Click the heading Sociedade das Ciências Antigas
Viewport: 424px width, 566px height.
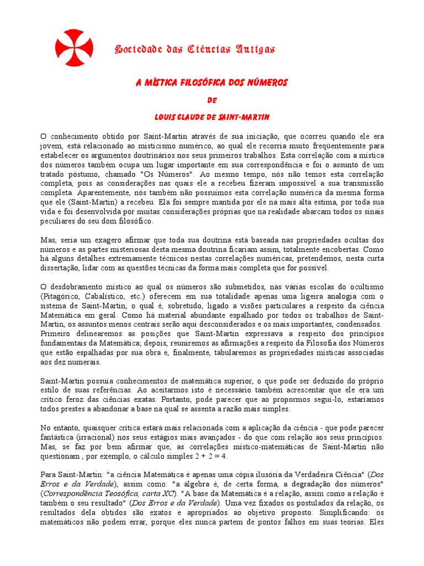point(194,49)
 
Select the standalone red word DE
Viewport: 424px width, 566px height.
point(212,100)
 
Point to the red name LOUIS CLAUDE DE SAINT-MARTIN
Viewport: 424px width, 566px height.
point(212,117)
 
